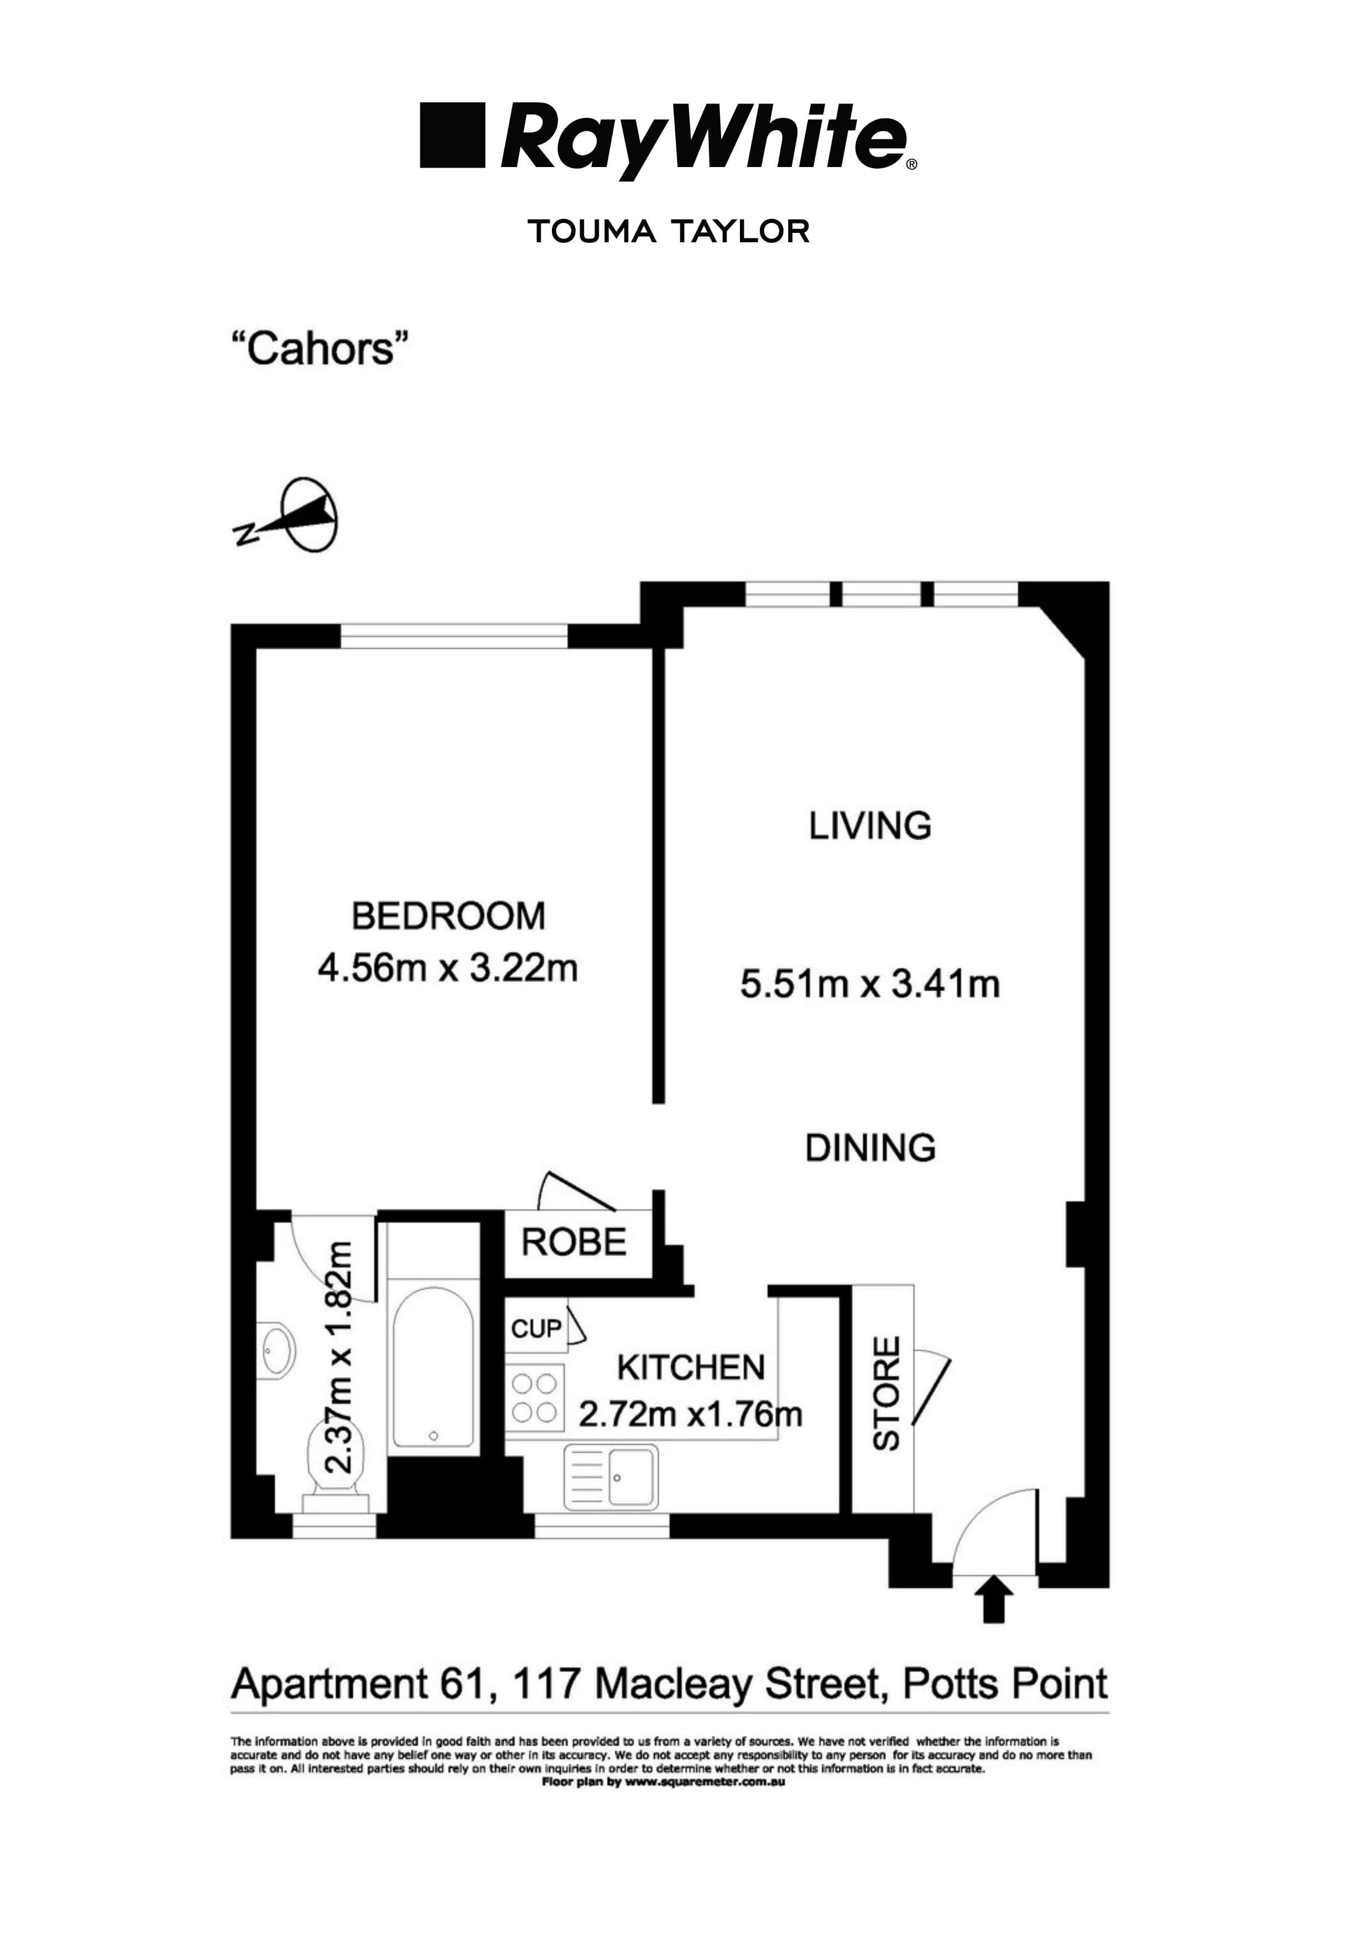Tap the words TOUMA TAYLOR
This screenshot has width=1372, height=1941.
669,231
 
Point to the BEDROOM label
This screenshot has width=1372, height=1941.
448,917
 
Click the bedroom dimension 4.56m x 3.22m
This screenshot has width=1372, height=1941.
448,968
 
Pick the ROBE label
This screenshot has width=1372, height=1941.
574,1243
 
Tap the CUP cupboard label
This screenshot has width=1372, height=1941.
536,1329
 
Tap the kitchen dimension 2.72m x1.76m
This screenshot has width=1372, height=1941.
690,1413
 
